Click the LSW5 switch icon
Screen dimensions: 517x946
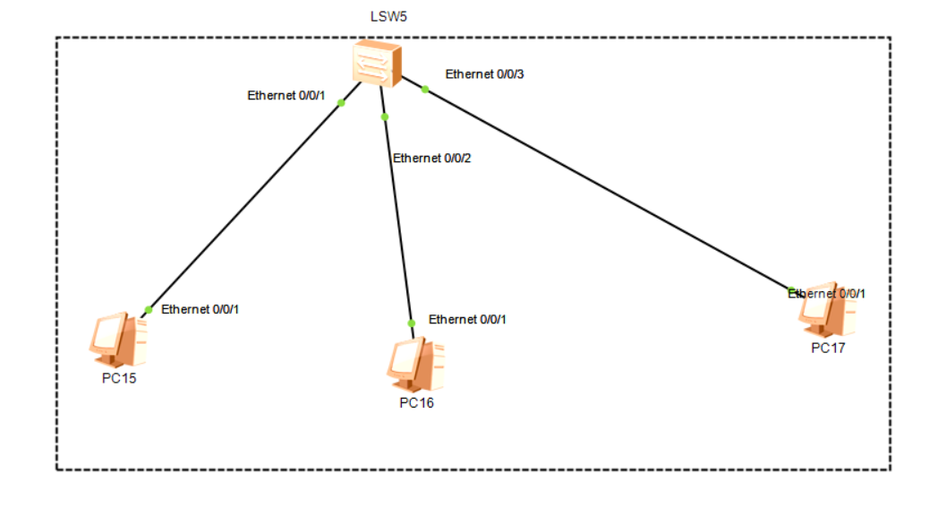(x=376, y=63)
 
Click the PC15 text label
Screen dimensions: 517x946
(x=119, y=377)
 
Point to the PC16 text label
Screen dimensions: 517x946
(x=416, y=403)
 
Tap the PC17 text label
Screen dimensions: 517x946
(x=828, y=349)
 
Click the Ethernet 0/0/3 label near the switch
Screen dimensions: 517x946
(x=484, y=74)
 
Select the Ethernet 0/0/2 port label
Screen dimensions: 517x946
(x=431, y=159)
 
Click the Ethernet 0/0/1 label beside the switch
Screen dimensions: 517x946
(x=286, y=95)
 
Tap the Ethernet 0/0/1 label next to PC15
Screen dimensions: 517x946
(x=200, y=309)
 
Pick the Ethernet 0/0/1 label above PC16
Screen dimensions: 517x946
(x=467, y=319)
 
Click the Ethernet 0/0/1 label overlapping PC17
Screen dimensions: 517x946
(x=827, y=293)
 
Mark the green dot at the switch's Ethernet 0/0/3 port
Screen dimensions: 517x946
(x=425, y=89)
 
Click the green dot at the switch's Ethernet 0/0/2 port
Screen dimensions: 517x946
(x=384, y=116)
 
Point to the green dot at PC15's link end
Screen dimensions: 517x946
(x=148, y=310)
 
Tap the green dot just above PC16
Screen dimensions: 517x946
(x=411, y=323)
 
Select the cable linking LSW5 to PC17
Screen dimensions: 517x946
(x=609, y=188)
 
